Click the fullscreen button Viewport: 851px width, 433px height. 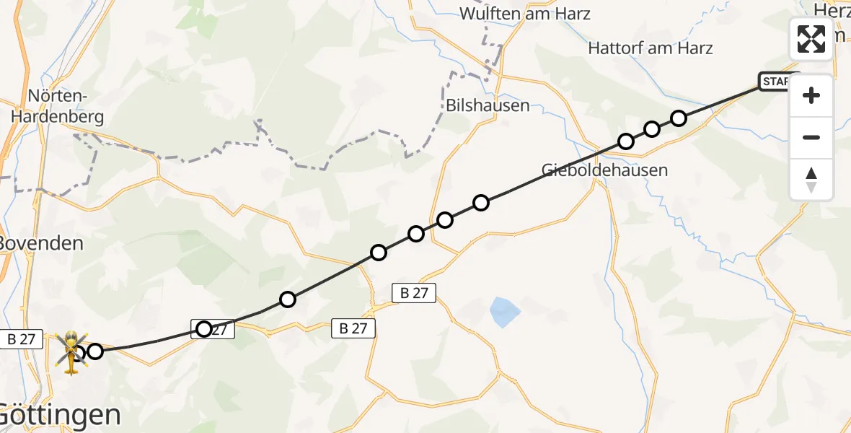click(x=811, y=38)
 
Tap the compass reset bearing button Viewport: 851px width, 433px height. click(x=811, y=179)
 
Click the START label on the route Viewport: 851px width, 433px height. click(x=777, y=82)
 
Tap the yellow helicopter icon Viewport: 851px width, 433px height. click(x=71, y=351)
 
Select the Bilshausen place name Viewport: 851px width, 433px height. click(x=488, y=105)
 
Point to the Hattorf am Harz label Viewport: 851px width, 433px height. click(x=651, y=48)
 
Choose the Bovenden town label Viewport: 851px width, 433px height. click(x=41, y=242)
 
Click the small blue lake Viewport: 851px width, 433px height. click(x=505, y=312)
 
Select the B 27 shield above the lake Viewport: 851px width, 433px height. click(x=414, y=292)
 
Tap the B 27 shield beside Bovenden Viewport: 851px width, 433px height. click(x=22, y=338)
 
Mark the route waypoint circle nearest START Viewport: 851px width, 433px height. click(x=679, y=118)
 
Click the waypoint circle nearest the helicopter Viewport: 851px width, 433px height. click(x=94, y=351)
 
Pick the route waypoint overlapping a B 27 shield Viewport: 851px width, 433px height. click(x=204, y=329)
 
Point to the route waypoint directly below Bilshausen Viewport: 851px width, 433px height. click(x=481, y=203)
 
